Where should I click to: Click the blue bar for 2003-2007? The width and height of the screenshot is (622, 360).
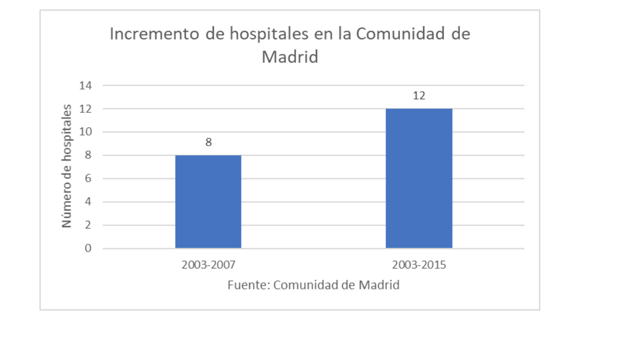pos(208,202)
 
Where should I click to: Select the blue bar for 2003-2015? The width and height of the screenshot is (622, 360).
pos(419,178)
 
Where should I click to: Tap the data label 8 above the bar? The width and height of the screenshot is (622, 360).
pos(208,142)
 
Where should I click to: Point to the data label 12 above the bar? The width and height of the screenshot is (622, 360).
pos(419,96)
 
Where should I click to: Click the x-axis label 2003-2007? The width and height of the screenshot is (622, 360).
pos(208,264)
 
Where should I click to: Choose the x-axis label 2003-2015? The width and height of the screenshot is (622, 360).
pos(419,264)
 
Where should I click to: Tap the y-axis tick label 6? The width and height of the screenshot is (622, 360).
pos(88,179)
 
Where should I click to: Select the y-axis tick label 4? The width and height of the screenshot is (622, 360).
pos(88,202)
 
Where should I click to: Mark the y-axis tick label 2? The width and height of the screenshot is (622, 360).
pos(88,226)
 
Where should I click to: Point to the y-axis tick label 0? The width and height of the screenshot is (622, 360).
pos(88,249)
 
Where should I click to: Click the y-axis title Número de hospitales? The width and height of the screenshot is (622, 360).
pos(67,166)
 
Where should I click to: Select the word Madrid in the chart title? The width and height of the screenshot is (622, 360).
pos(290,57)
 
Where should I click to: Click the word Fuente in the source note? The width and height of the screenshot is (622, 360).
pos(248,285)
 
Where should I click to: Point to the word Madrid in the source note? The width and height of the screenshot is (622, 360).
pos(379,285)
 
